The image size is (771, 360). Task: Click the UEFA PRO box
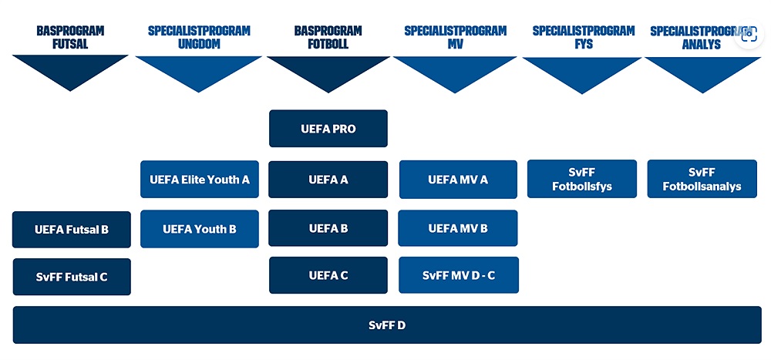point(328,129)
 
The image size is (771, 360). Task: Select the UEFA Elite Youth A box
point(200,179)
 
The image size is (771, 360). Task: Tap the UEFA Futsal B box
point(71,229)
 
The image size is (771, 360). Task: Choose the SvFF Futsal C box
point(72,277)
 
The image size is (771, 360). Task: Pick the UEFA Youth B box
point(200,229)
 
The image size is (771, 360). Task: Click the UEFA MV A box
point(458,180)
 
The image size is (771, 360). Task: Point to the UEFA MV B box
point(458,228)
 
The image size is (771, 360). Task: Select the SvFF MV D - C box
point(459,275)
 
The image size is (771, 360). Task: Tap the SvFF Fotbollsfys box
point(581,179)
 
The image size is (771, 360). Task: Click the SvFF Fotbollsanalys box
point(702,179)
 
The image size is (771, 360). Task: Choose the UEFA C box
point(328,275)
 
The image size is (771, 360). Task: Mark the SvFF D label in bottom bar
point(387,325)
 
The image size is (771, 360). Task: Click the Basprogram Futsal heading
point(70,37)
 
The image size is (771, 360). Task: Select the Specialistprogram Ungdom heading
point(199,37)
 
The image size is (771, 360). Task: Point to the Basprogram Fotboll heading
point(328,37)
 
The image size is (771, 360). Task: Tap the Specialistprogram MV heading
point(456,37)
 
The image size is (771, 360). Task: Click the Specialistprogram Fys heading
point(583,37)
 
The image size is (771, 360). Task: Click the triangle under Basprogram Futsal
point(70,69)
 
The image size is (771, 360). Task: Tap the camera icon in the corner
point(749,34)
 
